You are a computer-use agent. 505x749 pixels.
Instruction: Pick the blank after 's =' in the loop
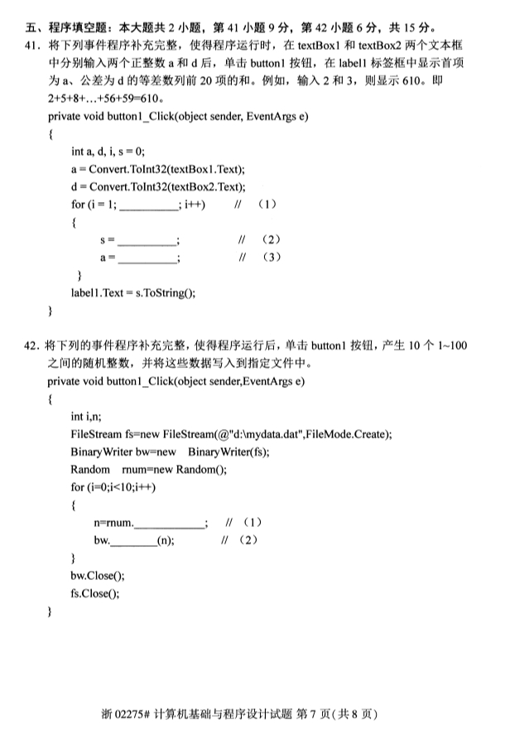(x=147, y=241)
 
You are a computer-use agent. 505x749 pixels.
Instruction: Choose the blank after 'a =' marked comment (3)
(x=147, y=259)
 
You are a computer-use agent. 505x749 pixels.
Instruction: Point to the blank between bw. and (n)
(x=132, y=541)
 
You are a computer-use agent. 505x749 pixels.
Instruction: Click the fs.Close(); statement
(x=95, y=593)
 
